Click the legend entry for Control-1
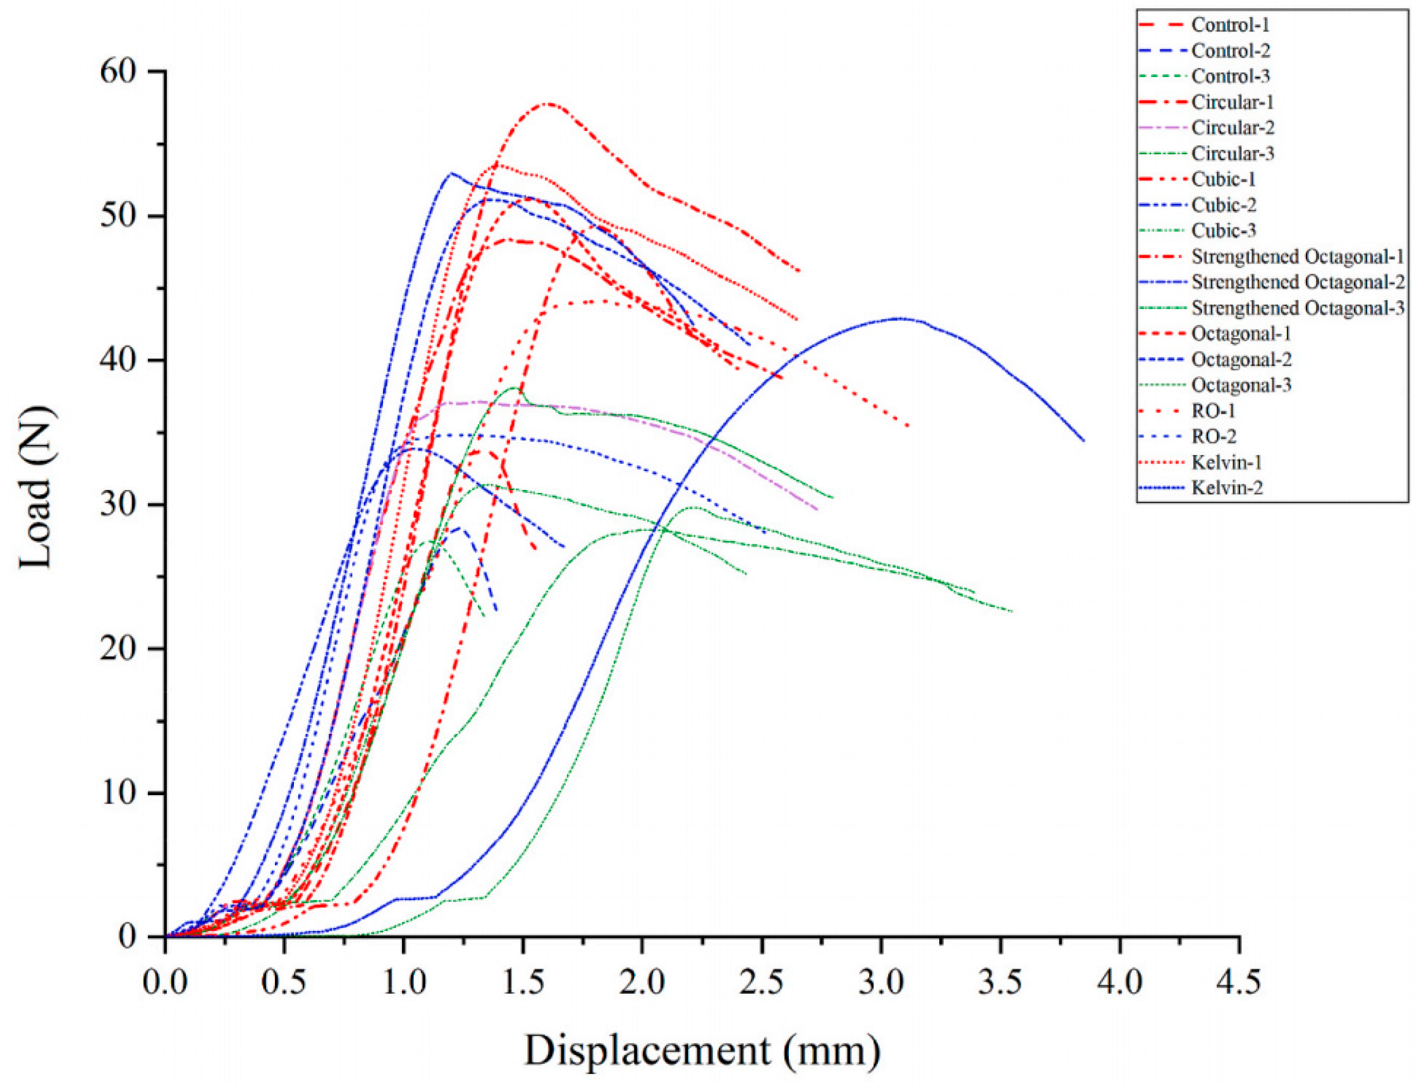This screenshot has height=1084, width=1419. pyautogui.click(x=1230, y=25)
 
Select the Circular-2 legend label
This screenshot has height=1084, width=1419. pyautogui.click(x=1233, y=128)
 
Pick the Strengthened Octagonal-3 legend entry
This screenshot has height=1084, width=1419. pyautogui.click(x=1297, y=308)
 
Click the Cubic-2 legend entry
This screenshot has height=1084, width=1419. pyautogui.click(x=1224, y=205)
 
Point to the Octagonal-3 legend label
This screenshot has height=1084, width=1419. pyautogui.click(x=1241, y=385)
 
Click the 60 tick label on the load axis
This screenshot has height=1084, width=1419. pyautogui.click(x=122, y=71)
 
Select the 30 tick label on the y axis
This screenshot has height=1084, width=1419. pyautogui.click(x=122, y=504)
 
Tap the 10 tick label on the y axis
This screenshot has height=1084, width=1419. pyautogui.click(x=122, y=793)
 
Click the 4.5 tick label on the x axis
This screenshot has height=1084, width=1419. pyautogui.click(x=1238, y=984)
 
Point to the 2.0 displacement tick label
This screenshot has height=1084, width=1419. pyautogui.click(x=642, y=984)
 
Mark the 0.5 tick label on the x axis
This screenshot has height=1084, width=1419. pyautogui.click(x=284, y=984)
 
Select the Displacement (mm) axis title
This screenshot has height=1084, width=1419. pyautogui.click(x=702, y=1050)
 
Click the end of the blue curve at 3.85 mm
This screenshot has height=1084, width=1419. pyautogui.click(x=1084, y=441)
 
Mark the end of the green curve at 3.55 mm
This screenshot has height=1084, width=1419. pyautogui.click(x=1012, y=611)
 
